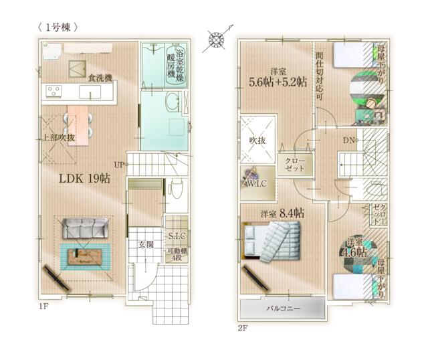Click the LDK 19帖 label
point(84,179)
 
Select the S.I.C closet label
point(177,236)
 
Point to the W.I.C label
point(257,183)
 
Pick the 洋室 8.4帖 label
point(282,213)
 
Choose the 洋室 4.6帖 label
point(356,247)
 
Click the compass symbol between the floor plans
point(218,40)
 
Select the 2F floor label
point(243,328)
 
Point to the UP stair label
point(119,164)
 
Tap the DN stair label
point(349,141)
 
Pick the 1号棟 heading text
point(60,27)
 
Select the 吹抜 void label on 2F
point(258,141)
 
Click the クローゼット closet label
point(294,165)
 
